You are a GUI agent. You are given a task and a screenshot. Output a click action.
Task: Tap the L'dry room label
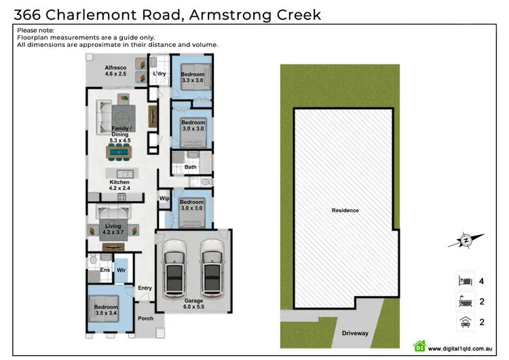(x=159, y=73)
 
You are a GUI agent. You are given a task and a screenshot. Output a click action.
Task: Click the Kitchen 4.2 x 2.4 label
(x=119, y=186)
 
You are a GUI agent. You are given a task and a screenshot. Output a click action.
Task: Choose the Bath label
(x=190, y=167)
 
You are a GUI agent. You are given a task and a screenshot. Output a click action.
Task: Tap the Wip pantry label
(x=164, y=198)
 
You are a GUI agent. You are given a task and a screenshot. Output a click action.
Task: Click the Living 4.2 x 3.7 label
(x=111, y=228)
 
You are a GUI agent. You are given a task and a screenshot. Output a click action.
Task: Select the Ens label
(x=105, y=270)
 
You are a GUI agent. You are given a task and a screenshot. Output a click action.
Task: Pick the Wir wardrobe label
(x=121, y=270)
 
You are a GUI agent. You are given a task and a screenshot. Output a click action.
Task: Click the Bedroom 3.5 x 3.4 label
(x=105, y=310)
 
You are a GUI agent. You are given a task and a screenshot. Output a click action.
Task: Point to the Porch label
(x=145, y=319)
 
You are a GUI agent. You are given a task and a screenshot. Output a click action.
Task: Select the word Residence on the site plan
(x=345, y=211)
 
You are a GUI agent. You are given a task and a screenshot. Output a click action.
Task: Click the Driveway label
(x=355, y=334)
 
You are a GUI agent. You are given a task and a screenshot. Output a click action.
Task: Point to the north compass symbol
(x=467, y=240)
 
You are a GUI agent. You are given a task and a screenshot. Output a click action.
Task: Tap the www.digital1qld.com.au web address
(x=461, y=349)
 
